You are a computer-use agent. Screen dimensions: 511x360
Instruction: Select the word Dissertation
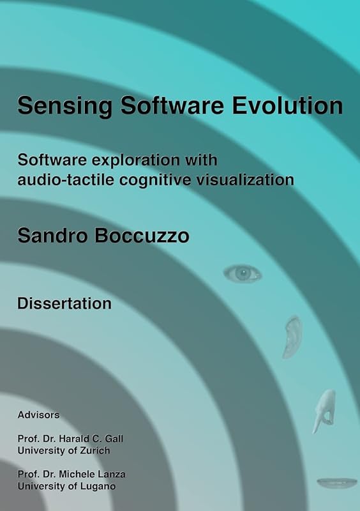[64, 303]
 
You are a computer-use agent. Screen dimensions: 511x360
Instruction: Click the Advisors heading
[38, 415]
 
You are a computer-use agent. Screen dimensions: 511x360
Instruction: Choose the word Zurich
[94, 450]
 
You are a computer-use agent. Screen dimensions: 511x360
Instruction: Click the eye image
[243, 273]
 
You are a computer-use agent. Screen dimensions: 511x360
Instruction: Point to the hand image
[324, 411]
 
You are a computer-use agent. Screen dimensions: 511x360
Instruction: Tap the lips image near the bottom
[337, 482]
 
